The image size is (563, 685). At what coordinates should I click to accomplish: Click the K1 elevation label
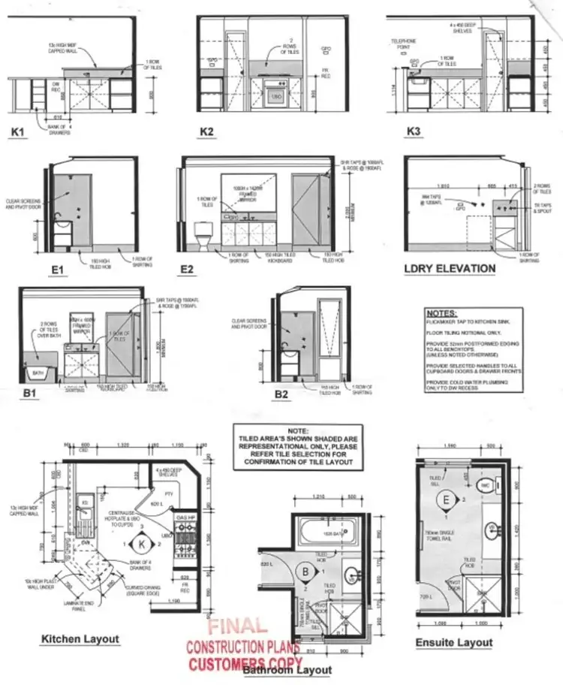click(x=19, y=133)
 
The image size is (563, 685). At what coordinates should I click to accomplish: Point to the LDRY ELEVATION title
click(x=450, y=268)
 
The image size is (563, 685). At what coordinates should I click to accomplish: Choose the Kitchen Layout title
click(x=80, y=639)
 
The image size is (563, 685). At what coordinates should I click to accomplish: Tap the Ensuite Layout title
click(x=454, y=642)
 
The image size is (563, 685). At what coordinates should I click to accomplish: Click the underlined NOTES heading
click(x=441, y=312)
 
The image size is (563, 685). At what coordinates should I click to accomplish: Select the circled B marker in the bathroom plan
click(x=306, y=573)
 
